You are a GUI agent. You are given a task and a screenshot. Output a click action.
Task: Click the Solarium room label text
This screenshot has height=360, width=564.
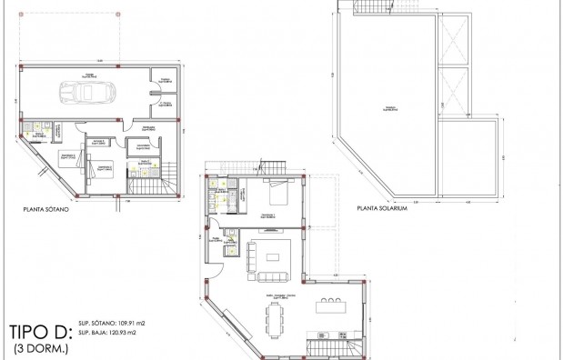point(388,108)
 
